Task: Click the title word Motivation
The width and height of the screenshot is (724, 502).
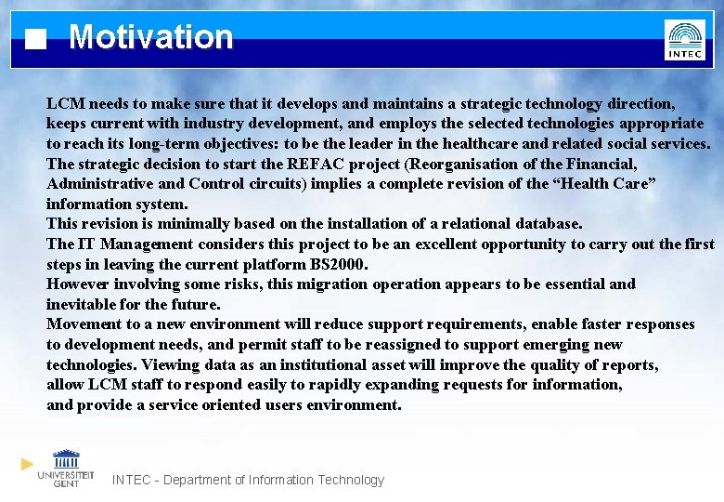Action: pos(150,37)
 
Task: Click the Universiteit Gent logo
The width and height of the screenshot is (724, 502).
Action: pos(66,468)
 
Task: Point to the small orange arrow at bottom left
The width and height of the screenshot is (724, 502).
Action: pos(28,463)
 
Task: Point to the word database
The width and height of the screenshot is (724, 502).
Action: pos(547,223)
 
